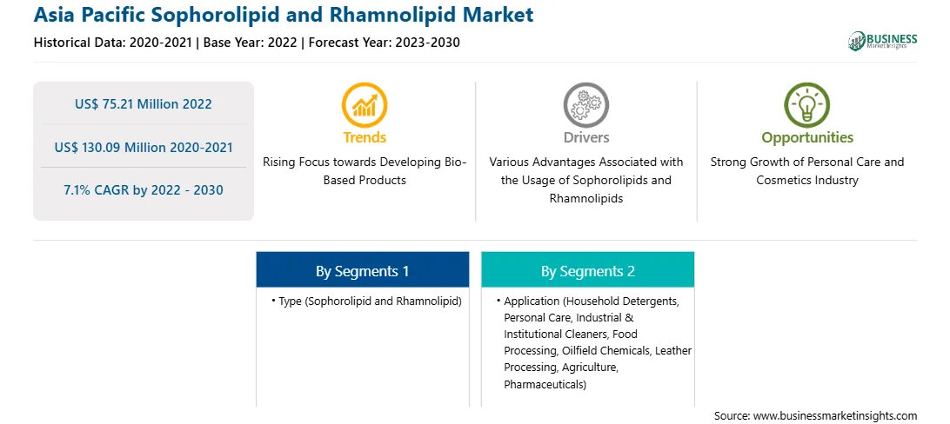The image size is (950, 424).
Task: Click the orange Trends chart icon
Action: (365, 105)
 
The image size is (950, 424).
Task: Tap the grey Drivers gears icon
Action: (585, 105)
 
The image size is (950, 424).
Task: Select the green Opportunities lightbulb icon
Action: (807, 105)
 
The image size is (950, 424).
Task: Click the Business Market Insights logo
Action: (883, 41)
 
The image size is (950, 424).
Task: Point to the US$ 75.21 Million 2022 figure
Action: (144, 104)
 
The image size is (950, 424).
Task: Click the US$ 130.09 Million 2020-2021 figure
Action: (144, 147)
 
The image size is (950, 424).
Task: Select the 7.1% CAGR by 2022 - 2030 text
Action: (144, 190)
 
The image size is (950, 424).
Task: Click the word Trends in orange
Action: (365, 138)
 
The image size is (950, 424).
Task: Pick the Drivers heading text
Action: (586, 138)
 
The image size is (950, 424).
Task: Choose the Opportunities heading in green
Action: (807, 138)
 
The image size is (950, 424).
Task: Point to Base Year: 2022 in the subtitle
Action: (250, 43)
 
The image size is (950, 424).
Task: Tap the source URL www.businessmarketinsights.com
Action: (835, 415)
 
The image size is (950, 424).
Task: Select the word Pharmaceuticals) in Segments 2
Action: (545, 384)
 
